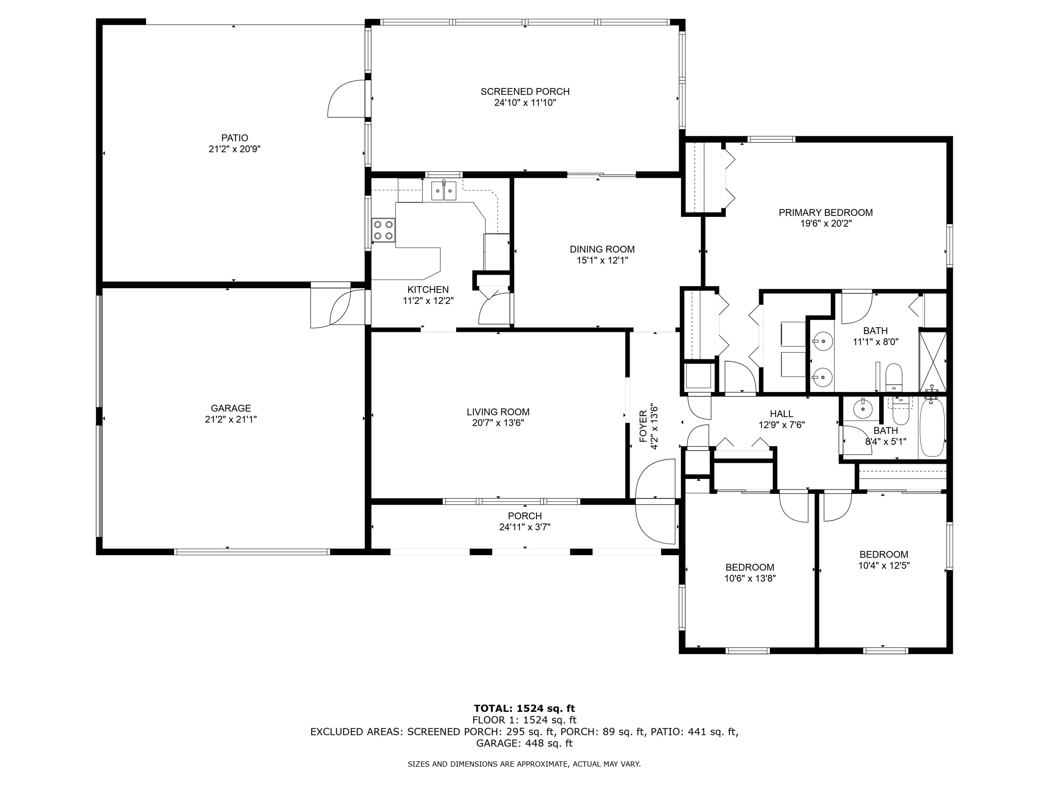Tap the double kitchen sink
point(443,191)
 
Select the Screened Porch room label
point(525,92)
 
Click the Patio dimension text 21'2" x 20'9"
point(235,149)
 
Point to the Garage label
point(231,408)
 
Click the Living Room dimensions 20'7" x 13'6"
point(498,423)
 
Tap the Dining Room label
point(602,249)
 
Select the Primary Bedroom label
point(826,213)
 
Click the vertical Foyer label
point(643,427)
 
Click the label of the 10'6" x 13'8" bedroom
point(750,567)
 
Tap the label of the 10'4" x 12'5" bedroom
point(884,554)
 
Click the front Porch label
point(524,516)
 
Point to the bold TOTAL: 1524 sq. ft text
point(524,709)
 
